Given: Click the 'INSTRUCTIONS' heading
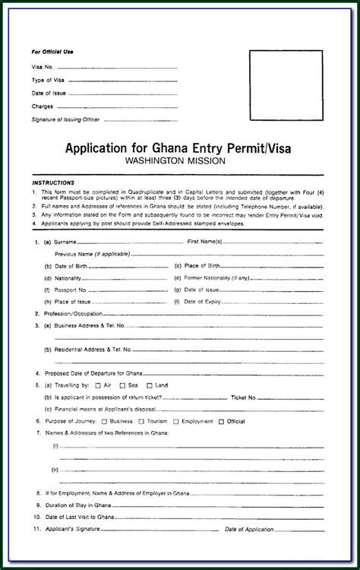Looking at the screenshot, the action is point(53,183).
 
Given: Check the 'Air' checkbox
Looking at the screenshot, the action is point(98,386).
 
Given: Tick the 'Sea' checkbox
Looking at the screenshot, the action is point(124,386).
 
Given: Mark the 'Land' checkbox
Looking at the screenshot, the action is point(150,386).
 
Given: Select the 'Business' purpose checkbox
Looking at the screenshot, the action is point(105,421).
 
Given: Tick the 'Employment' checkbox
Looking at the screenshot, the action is point(176,421).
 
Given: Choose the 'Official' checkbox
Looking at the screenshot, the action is point(221,421).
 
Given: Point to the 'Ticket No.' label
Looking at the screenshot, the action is point(244,397).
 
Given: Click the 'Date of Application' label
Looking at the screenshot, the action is point(272,529).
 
